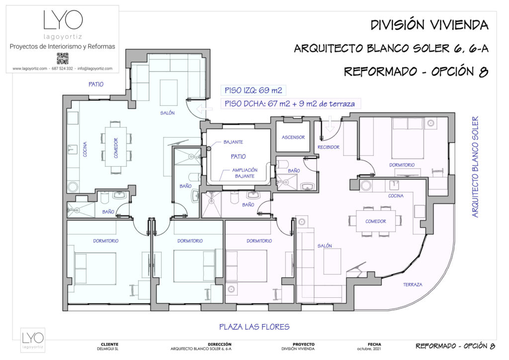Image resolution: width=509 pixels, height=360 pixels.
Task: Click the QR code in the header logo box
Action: [62, 58]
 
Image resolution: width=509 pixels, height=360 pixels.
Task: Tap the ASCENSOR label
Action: [293, 137]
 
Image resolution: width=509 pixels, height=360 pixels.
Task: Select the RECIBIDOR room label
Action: [329, 147]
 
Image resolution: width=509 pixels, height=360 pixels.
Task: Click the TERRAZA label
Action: [413, 285]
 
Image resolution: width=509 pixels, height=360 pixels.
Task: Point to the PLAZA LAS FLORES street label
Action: [254, 327]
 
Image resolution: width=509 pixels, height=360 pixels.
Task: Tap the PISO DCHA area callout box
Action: [291, 103]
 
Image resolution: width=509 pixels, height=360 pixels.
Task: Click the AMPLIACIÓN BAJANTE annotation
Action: [244, 173]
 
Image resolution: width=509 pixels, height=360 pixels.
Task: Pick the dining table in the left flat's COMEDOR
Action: [116, 148]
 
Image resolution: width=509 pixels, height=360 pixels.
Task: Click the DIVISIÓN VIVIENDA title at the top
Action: [429, 25]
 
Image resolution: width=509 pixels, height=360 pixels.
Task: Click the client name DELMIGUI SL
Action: [109, 349]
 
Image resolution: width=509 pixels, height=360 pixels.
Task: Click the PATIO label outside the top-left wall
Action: [96, 85]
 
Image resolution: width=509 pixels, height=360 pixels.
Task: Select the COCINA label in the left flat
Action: [85, 148]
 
